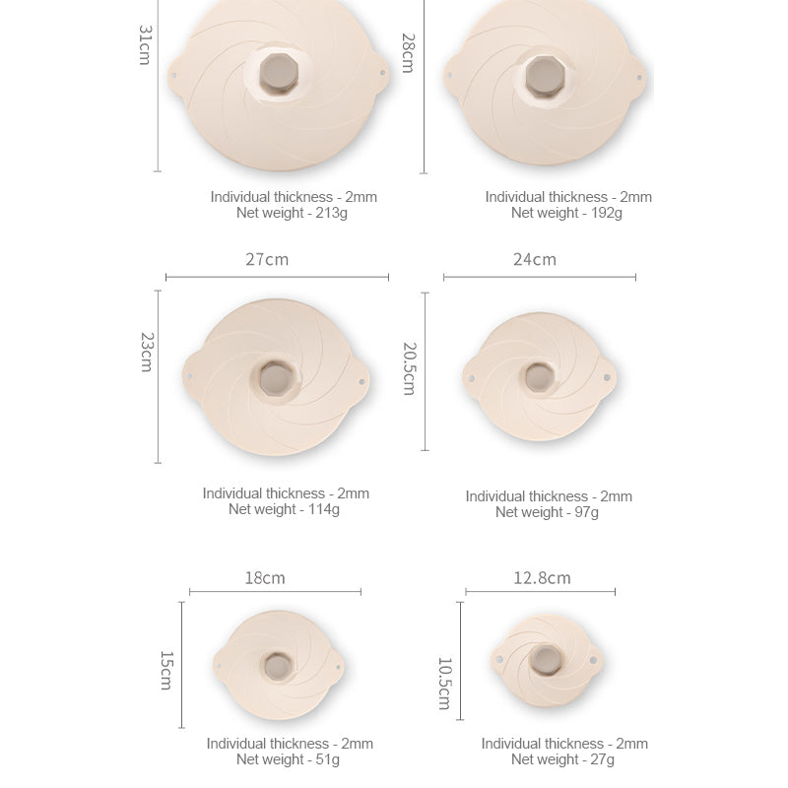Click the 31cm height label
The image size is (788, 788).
tap(145, 45)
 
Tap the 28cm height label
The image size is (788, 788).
tap(408, 53)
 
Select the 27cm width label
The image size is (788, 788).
tap(267, 259)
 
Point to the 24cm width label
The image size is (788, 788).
tap(535, 259)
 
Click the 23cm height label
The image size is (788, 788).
tap(146, 352)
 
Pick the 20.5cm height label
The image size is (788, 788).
tap(410, 368)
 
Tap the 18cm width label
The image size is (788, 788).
tap(265, 578)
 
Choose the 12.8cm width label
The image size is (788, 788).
tap(542, 578)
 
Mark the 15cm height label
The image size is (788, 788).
tap(166, 671)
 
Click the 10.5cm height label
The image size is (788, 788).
tap(445, 684)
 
